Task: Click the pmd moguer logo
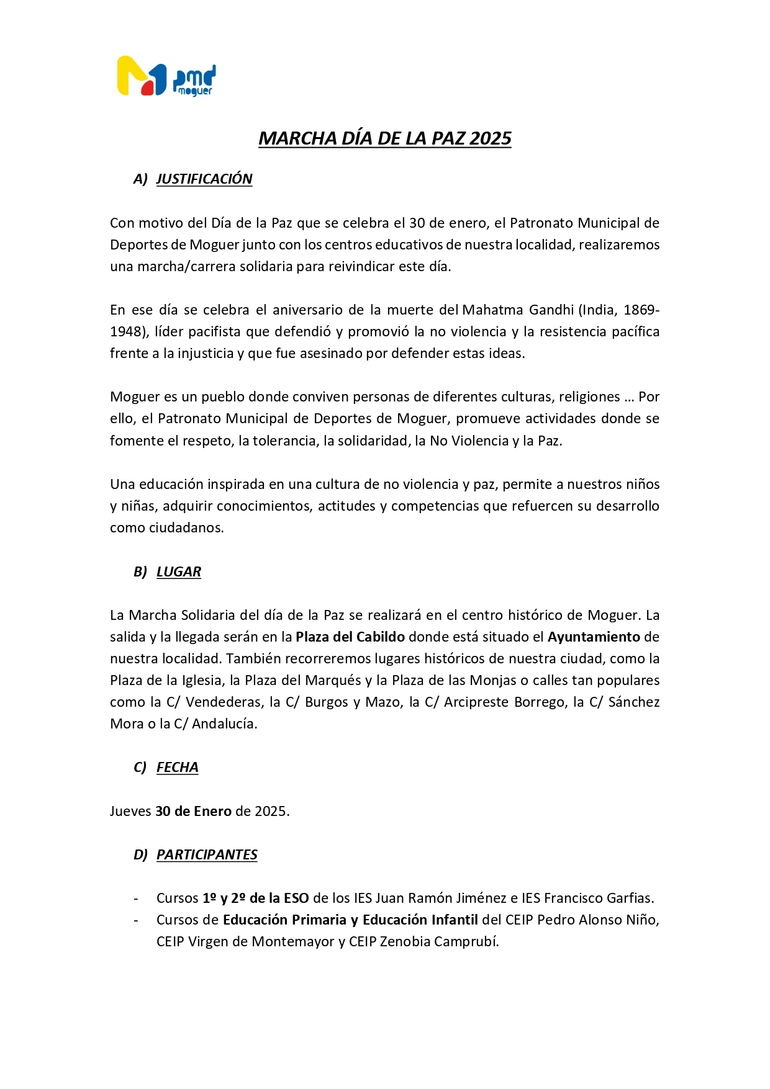point(166,76)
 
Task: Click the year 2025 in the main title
point(491,138)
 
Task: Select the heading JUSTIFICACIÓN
point(204,179)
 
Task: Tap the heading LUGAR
point(179,572)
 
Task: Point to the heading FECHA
point(178,768)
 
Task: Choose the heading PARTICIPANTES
point(207,855)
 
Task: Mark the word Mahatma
point(492,310)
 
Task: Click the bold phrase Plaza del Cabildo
point(350,637)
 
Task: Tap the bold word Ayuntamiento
point(594,637)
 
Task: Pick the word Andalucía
point(224,724)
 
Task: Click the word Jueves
point(130,812)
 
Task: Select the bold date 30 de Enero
point(193,812)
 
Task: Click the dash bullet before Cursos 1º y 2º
point(137,899)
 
